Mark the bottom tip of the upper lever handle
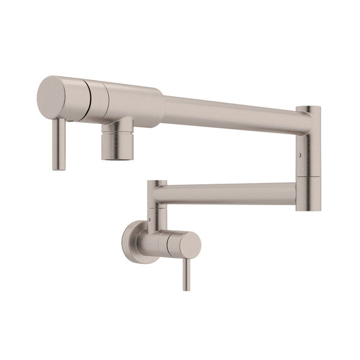[x=58, y=169]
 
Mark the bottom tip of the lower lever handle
[x=186, y=289]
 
